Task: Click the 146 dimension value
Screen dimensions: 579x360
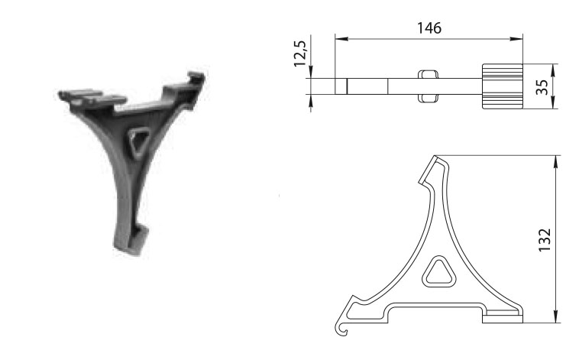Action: [429, 28]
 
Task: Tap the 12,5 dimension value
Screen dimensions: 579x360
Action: [300, 54]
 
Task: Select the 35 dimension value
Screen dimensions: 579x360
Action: [542, 87]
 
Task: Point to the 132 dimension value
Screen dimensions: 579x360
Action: [545, 240]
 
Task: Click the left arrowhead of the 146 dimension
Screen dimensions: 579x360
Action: [341, 38]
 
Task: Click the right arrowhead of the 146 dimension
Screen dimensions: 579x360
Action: [516, 38]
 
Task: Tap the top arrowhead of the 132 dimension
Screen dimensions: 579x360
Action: [555, 162]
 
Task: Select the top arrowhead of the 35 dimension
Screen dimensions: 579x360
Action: [553, 70]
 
